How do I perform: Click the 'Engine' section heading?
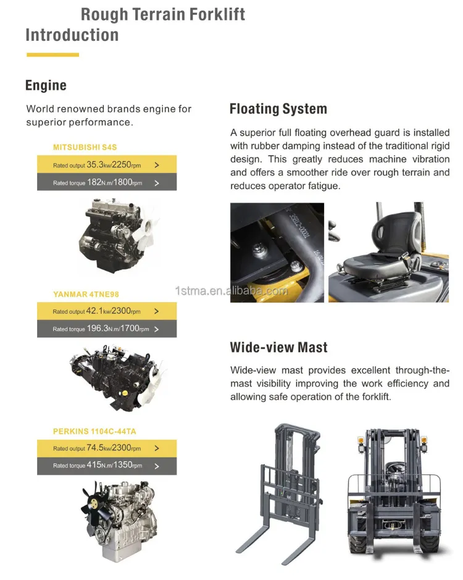tap(46, 85)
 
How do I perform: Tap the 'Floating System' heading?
tap(278, 109)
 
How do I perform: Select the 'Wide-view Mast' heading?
tap(279, 347)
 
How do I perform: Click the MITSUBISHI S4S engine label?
tap(85, 147)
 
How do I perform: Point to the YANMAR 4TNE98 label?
tap(86, 295)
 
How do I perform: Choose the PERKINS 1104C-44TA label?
tap(94, 431)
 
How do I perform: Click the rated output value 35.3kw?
tap(99, 164)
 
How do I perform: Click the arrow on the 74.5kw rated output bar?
tap(157, 448)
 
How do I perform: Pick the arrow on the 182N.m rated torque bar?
tap(157, 183)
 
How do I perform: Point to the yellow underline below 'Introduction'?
tap(52, 55)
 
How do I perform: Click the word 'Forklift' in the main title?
tap(217, 14)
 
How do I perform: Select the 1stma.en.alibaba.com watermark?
tap(231, 291)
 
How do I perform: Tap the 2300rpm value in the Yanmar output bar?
tap(126, 311)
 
